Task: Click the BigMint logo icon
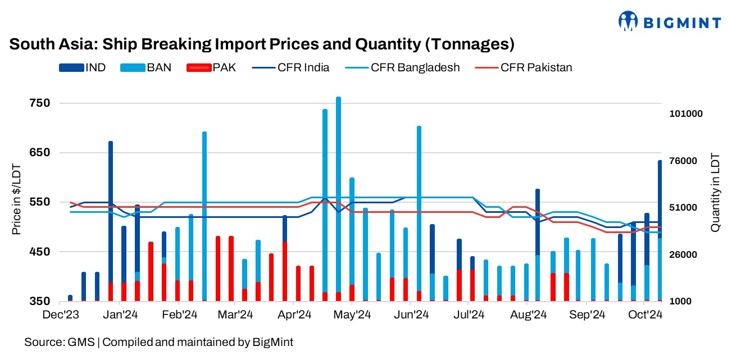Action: tap(628, 21)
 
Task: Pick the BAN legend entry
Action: tap(145, 67)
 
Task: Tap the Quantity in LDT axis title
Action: tap(715, 192)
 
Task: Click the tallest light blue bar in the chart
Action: tap(338, 197)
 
